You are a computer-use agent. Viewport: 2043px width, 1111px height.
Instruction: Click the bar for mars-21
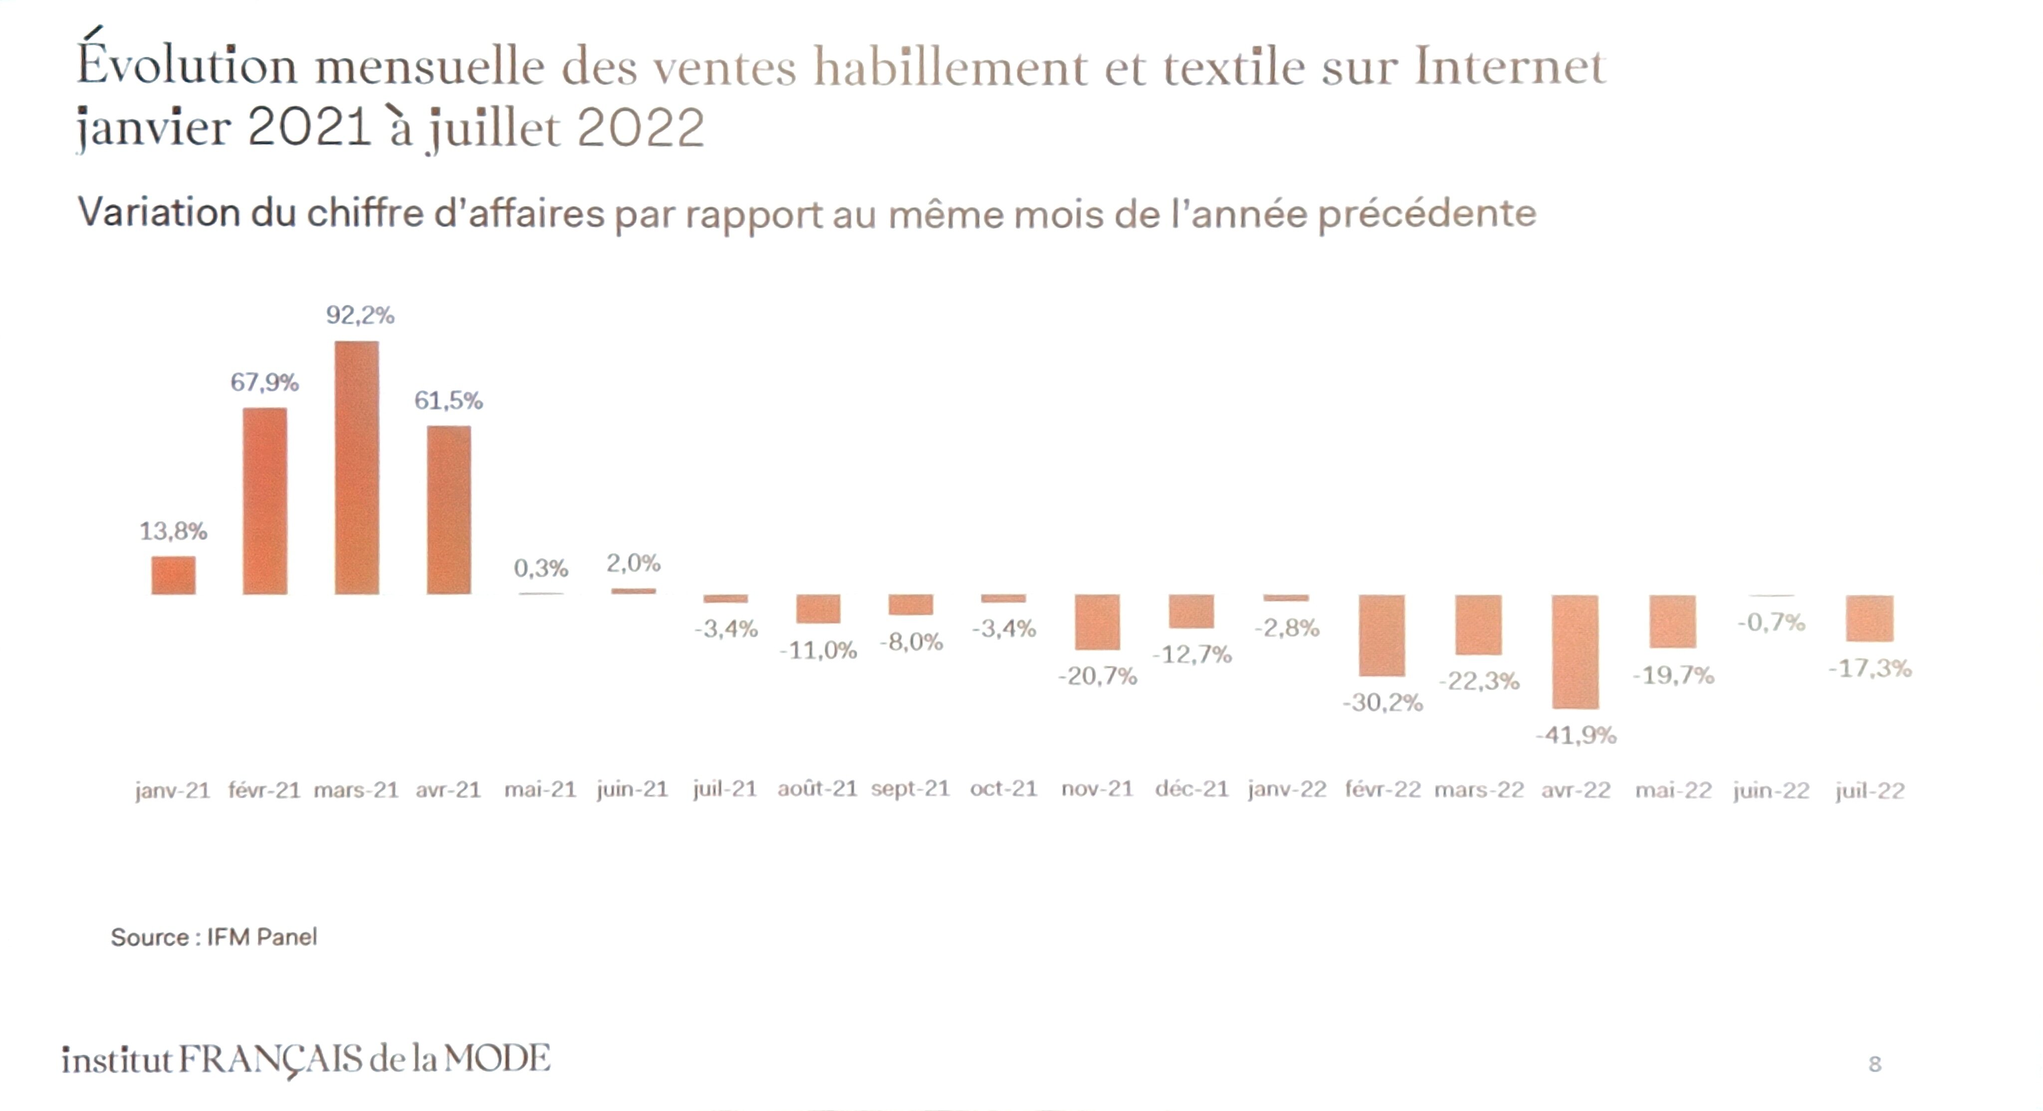[356, 468]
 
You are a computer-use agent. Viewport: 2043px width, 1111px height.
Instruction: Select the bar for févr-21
[265, 501]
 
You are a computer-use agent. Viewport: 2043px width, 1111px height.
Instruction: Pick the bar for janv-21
[173, 575]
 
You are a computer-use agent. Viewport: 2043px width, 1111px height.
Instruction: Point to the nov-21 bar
[1097, 622]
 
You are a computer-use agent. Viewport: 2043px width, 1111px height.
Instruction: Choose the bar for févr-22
[1381, 635]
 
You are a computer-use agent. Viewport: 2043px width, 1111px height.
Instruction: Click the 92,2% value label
[360, 316]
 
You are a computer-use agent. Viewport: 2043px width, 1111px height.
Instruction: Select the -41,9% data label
[1576, 736]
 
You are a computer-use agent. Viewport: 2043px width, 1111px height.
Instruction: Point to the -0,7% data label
[1771, 623]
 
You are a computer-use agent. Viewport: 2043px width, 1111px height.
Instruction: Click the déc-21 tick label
[1191, 789]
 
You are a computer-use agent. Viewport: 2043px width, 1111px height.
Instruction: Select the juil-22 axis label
[1869, 791]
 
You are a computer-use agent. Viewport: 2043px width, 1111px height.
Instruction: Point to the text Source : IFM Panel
[214, 937]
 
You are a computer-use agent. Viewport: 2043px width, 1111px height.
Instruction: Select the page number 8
[1875, 1064]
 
